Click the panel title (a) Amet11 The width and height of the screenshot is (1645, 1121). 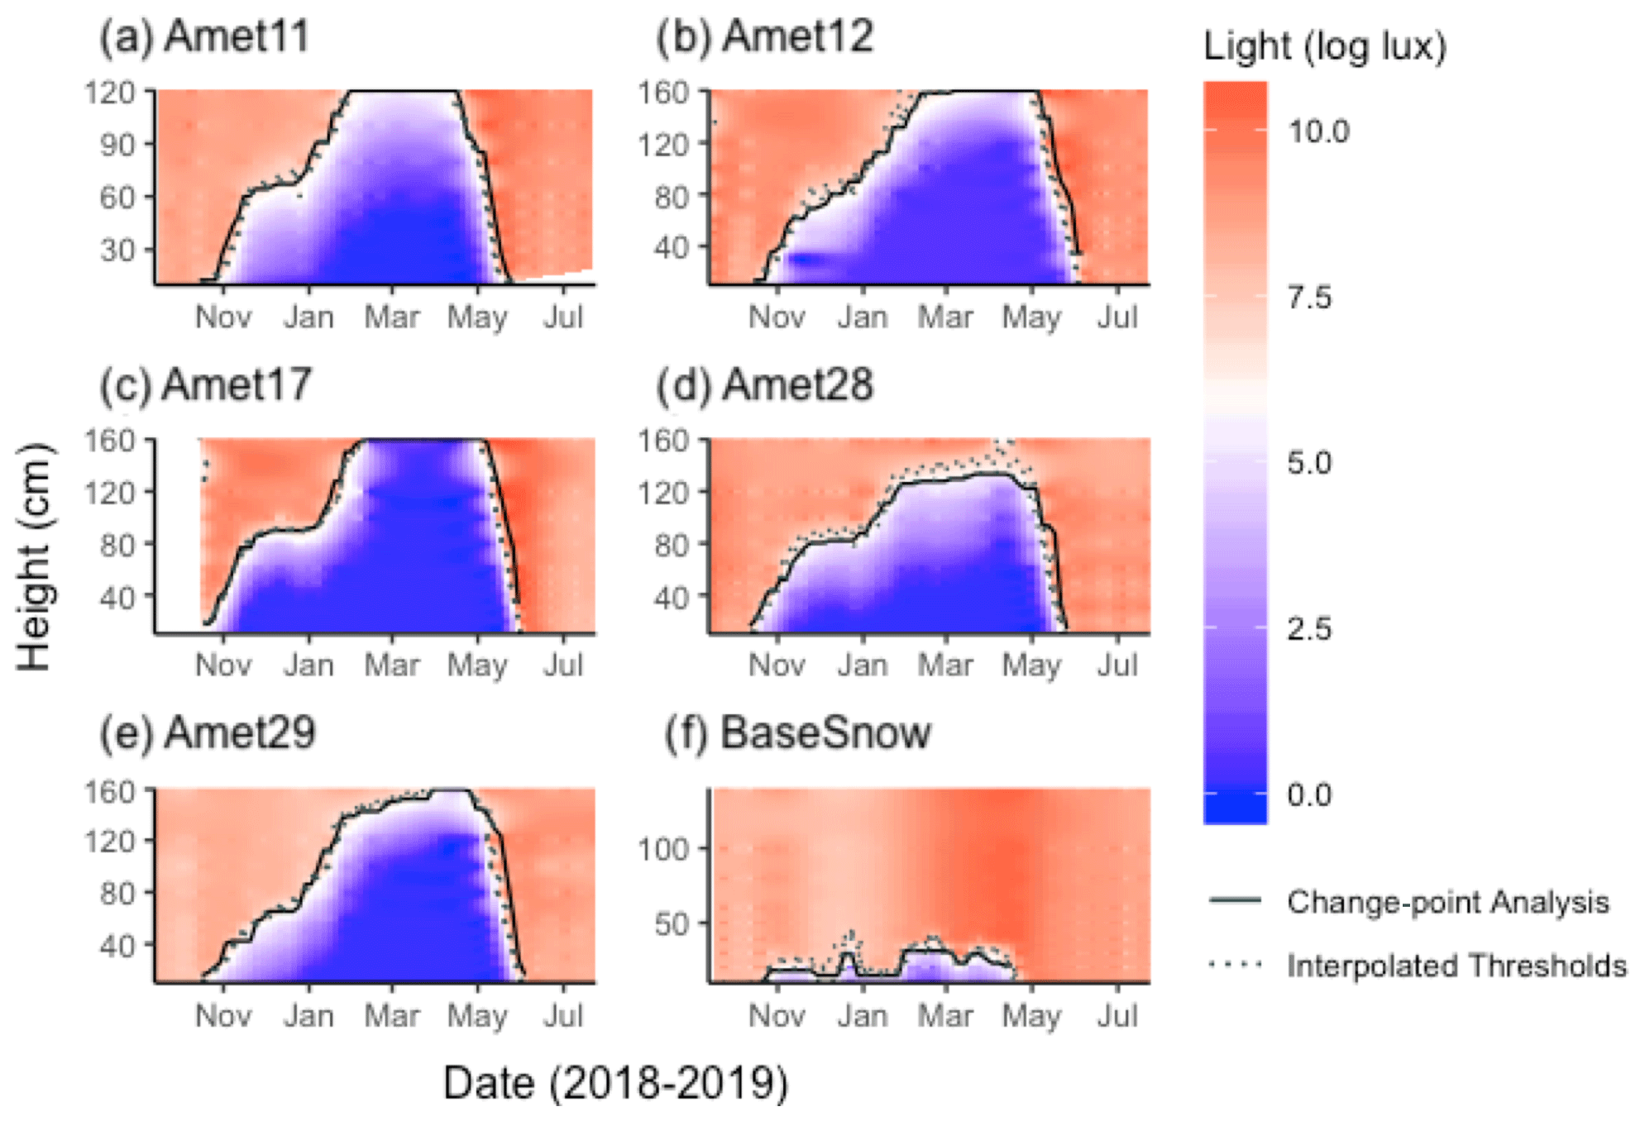[x=204, y=37]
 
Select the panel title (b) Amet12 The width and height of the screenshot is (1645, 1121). [x=764, y=37]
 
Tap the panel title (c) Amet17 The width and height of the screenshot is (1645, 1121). [x=205, y=385]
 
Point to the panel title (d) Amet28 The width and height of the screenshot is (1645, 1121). [x=764, y=385]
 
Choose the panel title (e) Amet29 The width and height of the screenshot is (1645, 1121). [x=207, y=733]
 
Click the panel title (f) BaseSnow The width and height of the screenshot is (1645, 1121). [x=797, y=733]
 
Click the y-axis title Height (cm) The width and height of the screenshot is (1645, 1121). [x=35, y=556]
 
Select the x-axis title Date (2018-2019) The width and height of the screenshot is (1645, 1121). [x=615, y=1083]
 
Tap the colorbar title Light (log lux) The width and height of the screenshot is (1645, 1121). [x=1324, y=46]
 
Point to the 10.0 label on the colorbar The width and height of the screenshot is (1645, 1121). [x=1318, y=131]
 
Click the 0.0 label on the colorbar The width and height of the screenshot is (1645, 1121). [x=1309, y=794]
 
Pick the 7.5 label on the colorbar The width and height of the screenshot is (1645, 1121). [x=1309, y=297]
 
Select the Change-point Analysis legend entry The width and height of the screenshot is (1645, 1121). [x=1447, y=902]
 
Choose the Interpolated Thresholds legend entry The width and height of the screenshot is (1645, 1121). [x=1456, y=966]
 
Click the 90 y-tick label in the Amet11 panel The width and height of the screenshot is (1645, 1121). [x=115, y=145]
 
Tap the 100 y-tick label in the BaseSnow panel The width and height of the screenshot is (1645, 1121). [x=662, y=849]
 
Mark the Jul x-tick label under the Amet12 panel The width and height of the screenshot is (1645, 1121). [x=1117, y=317]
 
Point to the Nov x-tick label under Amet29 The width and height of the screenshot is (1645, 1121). [x=223, y=1015]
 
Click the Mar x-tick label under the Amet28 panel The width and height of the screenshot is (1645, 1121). [x=946, y=665]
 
